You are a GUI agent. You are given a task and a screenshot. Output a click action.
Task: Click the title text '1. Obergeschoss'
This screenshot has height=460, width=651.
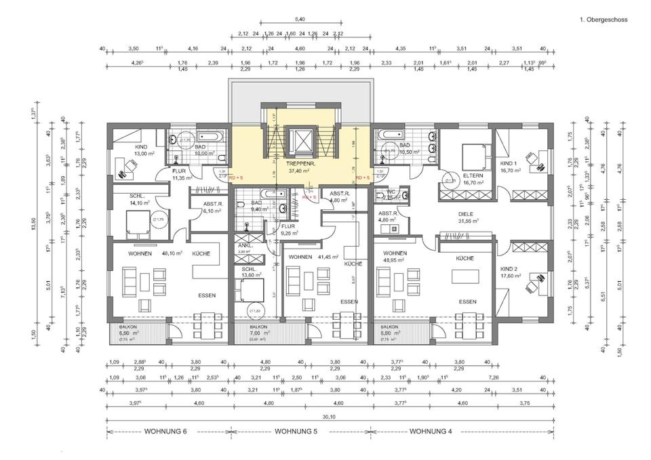604,20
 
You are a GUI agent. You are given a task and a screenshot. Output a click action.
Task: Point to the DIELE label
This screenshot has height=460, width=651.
465,213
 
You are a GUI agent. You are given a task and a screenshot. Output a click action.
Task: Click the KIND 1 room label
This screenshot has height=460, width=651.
510,164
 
